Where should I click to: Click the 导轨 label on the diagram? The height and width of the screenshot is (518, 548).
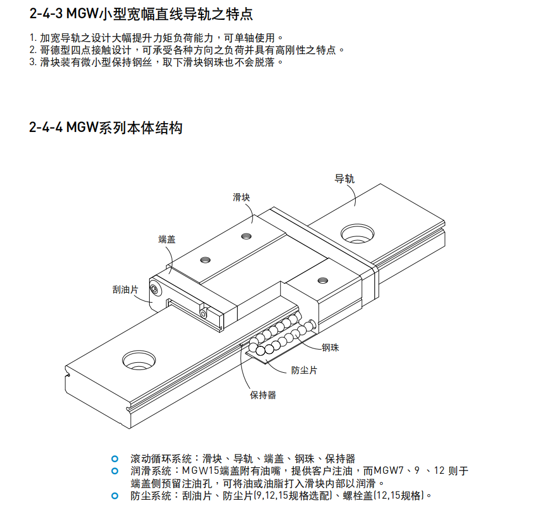click(x=345, y=178)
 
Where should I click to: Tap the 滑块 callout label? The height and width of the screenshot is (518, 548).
click(x=241, y=197)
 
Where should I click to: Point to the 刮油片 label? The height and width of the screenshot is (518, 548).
click(x=125, y=289)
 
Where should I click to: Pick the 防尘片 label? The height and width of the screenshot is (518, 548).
click(x=304, y=370)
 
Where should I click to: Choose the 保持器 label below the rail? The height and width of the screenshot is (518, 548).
click(x=263, y=395)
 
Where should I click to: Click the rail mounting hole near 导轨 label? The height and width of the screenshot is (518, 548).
click(x=357, y=232)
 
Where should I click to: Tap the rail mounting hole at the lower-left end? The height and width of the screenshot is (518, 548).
click(x=138, y=361)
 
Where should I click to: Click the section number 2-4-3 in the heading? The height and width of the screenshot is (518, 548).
click(x=46, y=14)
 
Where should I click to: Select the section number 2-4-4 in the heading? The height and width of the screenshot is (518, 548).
click(x=46, y=128)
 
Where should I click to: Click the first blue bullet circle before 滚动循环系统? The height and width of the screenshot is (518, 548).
click(x=115, y=459)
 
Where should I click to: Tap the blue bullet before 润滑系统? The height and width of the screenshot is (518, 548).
click(x=115, y=471)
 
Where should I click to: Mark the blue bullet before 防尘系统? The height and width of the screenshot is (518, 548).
click(x=115, y=495)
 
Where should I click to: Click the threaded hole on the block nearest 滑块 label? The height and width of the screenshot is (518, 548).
click(x=245, y=236)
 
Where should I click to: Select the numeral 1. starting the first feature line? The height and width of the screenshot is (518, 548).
click(x=32, y=38)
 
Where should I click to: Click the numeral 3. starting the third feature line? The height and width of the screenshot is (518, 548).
click(x=33, y=62)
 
